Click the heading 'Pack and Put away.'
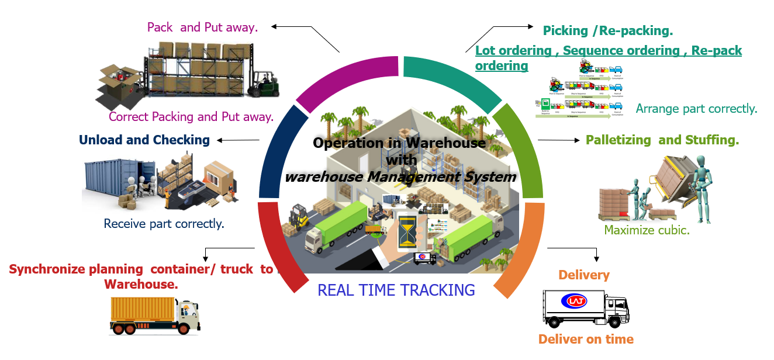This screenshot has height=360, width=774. coord(202,27)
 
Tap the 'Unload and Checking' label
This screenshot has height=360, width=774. coord(144,140)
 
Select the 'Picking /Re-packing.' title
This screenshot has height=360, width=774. coord(607,31)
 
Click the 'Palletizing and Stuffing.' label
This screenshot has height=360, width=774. coord(662,140)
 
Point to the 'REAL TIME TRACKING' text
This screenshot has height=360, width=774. coord(396,290)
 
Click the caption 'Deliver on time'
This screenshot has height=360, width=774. coord(585,339)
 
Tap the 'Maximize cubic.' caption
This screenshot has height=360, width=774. coord(647,230)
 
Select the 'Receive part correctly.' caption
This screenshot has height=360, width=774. coord(164,223)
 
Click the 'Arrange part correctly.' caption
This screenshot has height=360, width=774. coord(696,109)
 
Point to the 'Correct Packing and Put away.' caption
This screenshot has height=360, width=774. coord(191,117)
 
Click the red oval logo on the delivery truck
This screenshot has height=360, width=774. coord(573,302)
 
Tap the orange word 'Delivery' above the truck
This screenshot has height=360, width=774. coord(583,275)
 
